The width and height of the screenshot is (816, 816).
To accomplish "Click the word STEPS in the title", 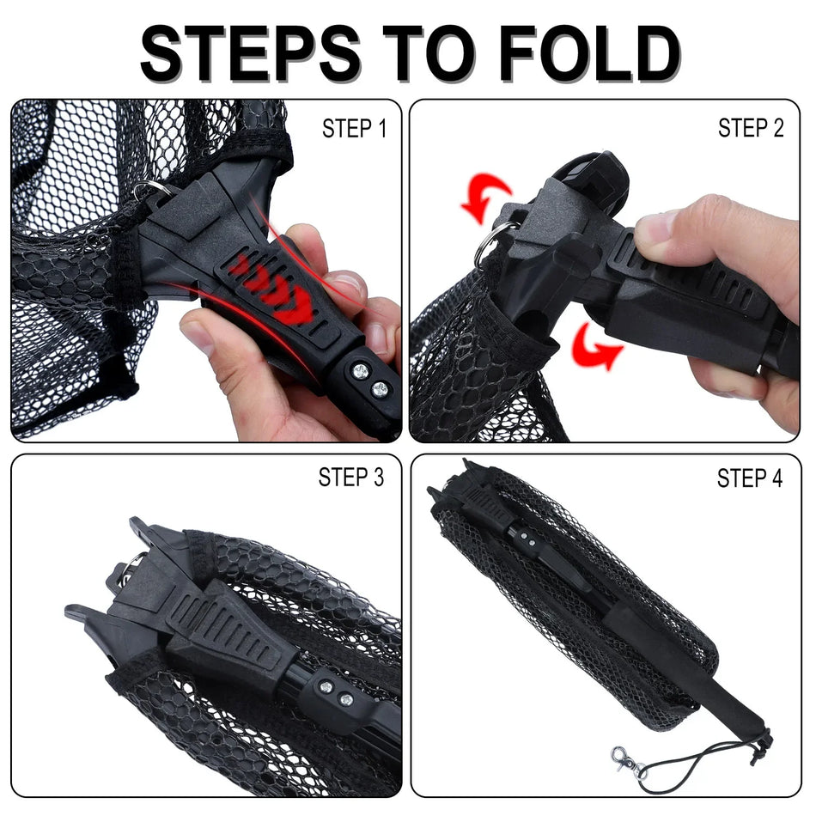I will tap(249, 53).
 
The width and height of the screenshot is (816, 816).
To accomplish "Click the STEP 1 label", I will tap(355, 129).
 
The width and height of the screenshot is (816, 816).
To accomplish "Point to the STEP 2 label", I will tap(751, 129).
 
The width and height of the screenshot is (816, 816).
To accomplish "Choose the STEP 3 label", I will tap(351, 478).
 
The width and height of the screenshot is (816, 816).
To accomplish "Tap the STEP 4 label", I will tap(750, 478).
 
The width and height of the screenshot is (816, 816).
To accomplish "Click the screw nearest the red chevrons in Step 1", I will tap(360, 369).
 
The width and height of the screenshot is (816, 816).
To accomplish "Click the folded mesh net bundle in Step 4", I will tap(584, 601).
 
